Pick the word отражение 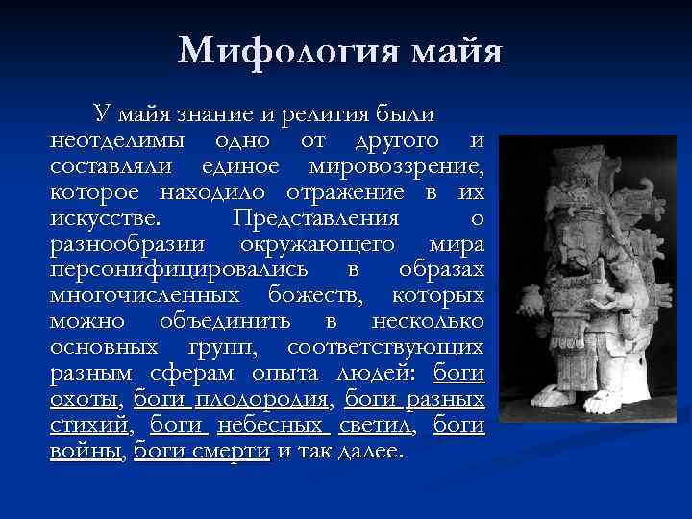(334, 192)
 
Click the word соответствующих (396, 347)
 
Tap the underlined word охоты (83, 399)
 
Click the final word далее (373, 451)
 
